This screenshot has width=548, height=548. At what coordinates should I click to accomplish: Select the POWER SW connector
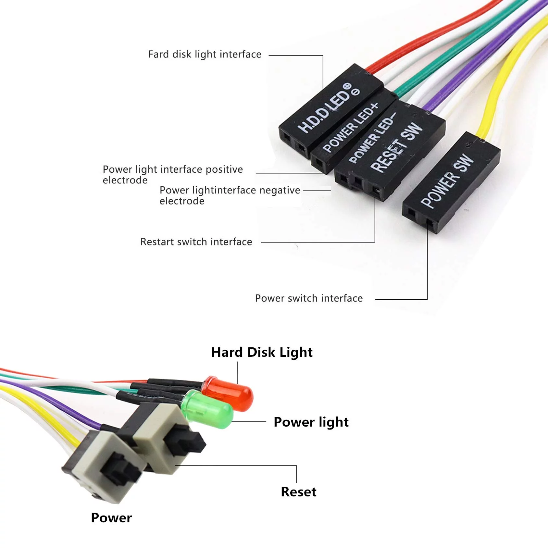pos(451,182)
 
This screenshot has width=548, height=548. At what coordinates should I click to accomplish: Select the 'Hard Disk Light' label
pos(262,352)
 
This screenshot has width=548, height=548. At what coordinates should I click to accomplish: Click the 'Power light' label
pos(311,422)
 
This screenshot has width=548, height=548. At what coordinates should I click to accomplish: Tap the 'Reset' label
pos(299,492)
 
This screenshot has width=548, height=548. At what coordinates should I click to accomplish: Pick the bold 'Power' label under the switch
pos(111,518)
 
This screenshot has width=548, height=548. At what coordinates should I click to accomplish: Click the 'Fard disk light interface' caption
pos(205,54)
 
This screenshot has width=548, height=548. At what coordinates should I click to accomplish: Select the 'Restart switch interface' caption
pos(196,242)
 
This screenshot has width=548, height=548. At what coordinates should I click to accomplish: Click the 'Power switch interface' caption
pos(309,298)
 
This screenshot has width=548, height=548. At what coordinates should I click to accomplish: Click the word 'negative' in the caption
pos(280,190)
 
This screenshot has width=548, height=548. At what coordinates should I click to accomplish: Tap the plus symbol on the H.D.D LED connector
pos(347,86)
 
